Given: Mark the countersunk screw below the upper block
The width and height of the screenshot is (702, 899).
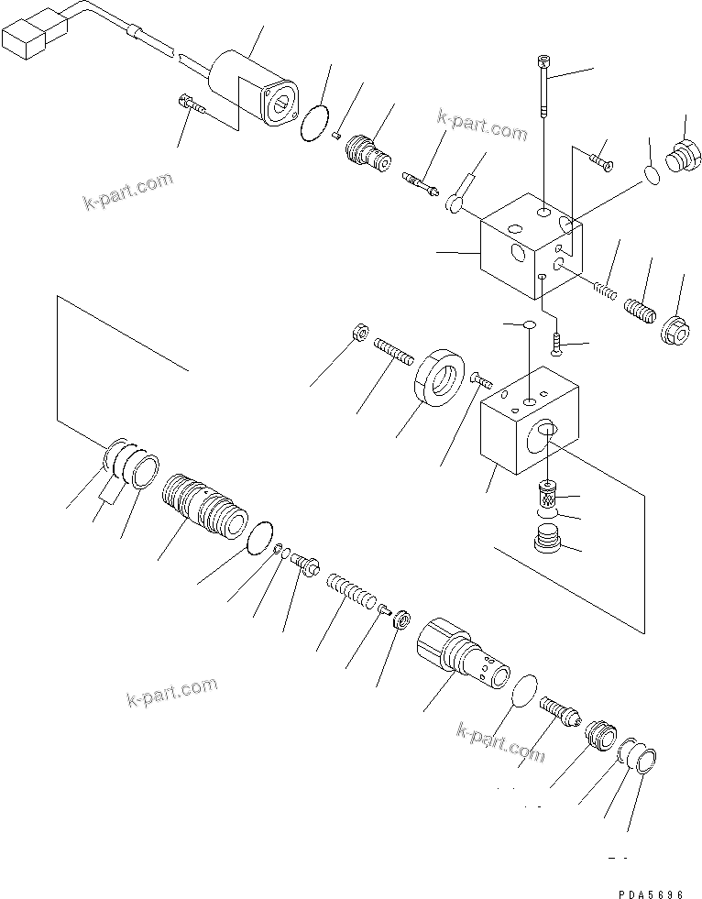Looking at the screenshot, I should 556,343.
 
